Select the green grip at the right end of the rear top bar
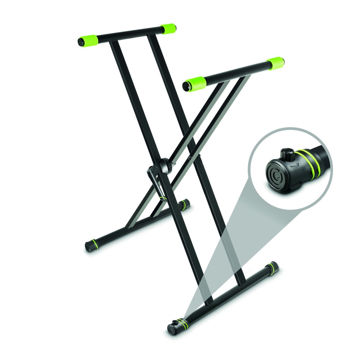[x=168, y=28]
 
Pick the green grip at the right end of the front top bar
[x=276, y=64]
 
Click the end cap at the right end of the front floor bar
[x=274, y=267]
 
